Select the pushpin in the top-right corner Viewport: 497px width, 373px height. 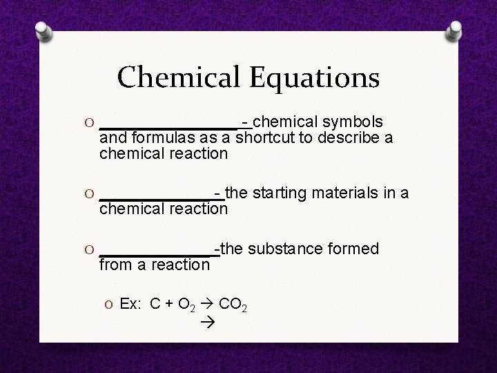456,32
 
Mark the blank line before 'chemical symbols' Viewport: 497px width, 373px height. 168,126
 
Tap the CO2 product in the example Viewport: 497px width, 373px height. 233,304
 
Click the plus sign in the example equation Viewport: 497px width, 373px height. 169,303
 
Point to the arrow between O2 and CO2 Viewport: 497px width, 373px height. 206,303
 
